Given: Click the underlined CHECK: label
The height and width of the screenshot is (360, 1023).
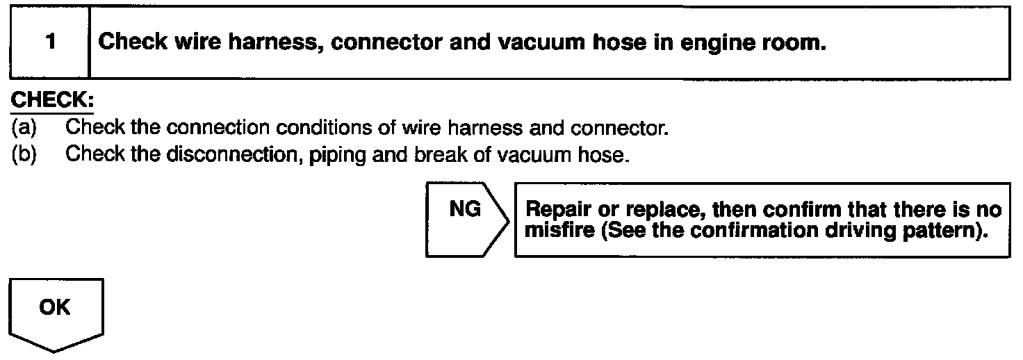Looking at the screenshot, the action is pos(51,101).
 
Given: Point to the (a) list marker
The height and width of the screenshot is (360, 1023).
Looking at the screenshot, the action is pos(24,129).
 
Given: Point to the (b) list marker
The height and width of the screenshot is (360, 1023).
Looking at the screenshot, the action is pos(24,154).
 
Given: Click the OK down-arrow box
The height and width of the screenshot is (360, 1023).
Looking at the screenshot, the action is pos(55,313).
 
